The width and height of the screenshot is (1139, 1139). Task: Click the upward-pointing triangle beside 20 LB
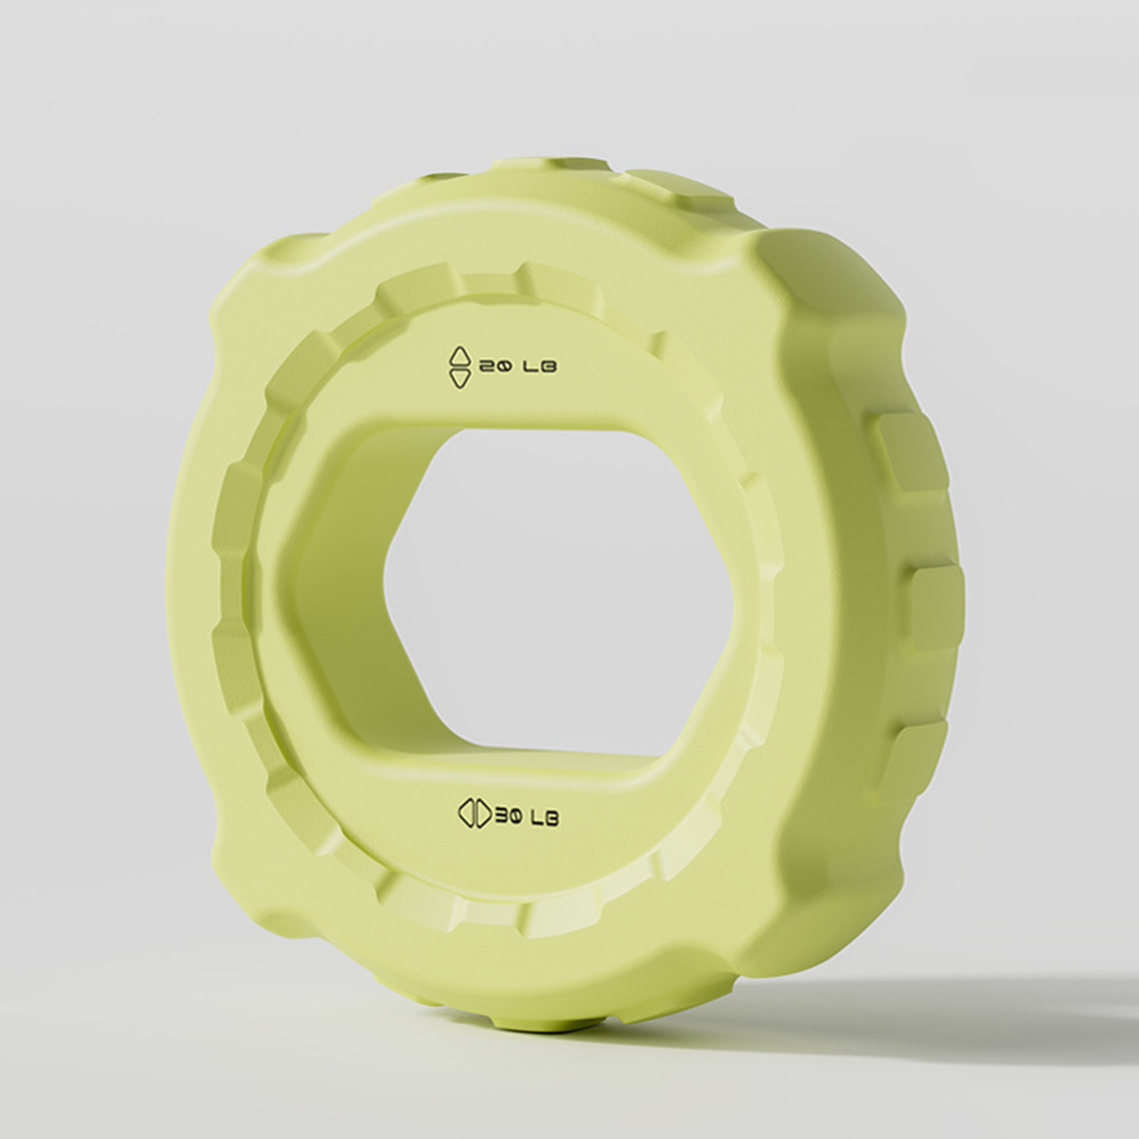coord(460,357)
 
